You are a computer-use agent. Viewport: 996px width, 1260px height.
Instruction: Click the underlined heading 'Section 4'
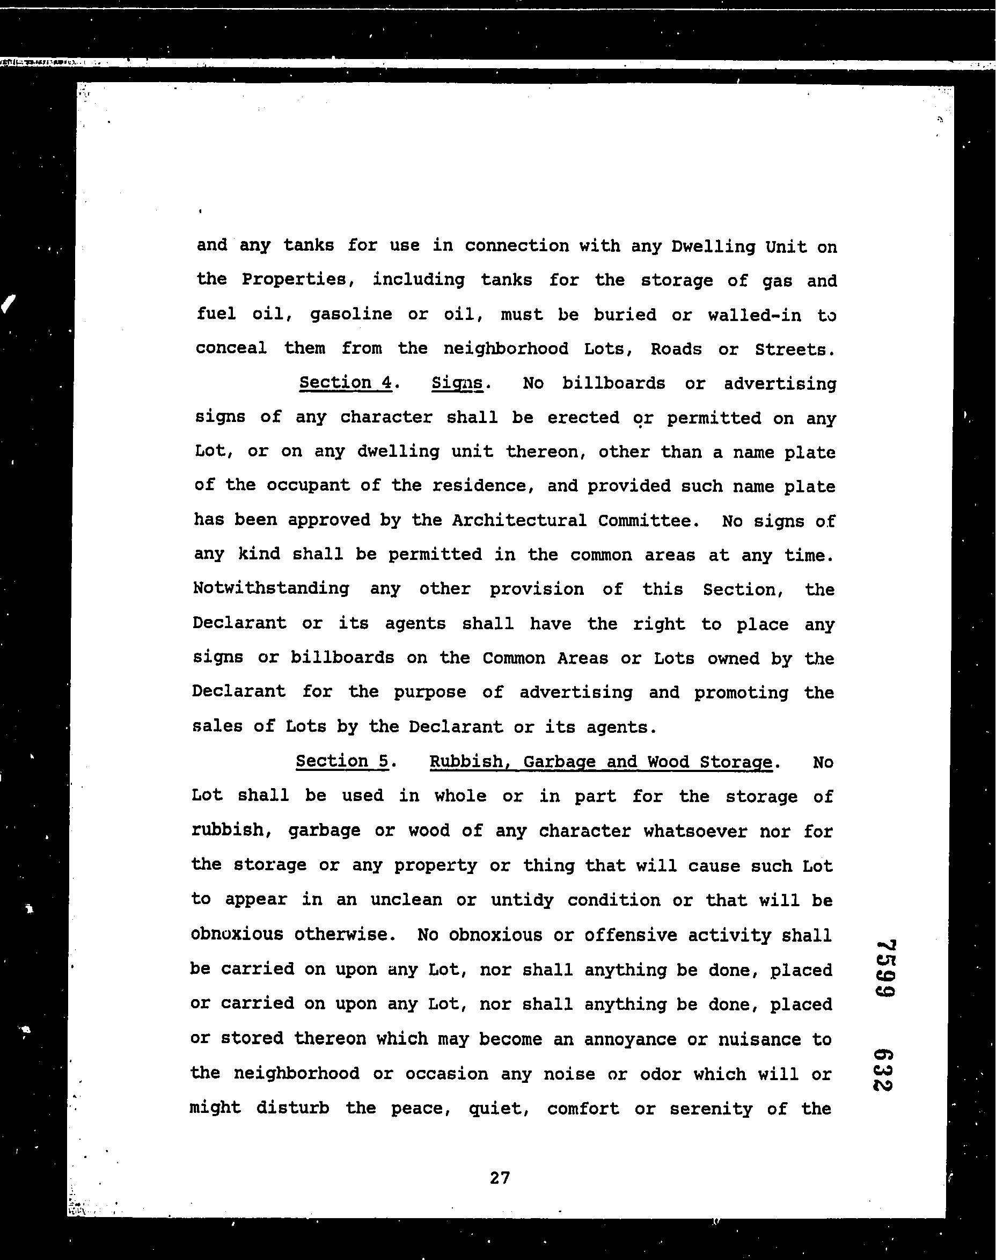point(345,383)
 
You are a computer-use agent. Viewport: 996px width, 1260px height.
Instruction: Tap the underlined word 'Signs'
point(457,384)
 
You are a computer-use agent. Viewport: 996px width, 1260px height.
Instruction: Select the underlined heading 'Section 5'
point(342,761)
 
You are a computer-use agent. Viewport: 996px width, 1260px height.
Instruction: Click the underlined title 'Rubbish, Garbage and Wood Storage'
point(600,762)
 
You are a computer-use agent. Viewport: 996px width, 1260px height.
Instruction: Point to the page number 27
point(500,1178)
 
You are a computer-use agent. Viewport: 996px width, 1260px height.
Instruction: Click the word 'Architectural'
point(519,520)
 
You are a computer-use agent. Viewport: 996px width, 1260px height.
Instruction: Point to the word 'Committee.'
point(648,520)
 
